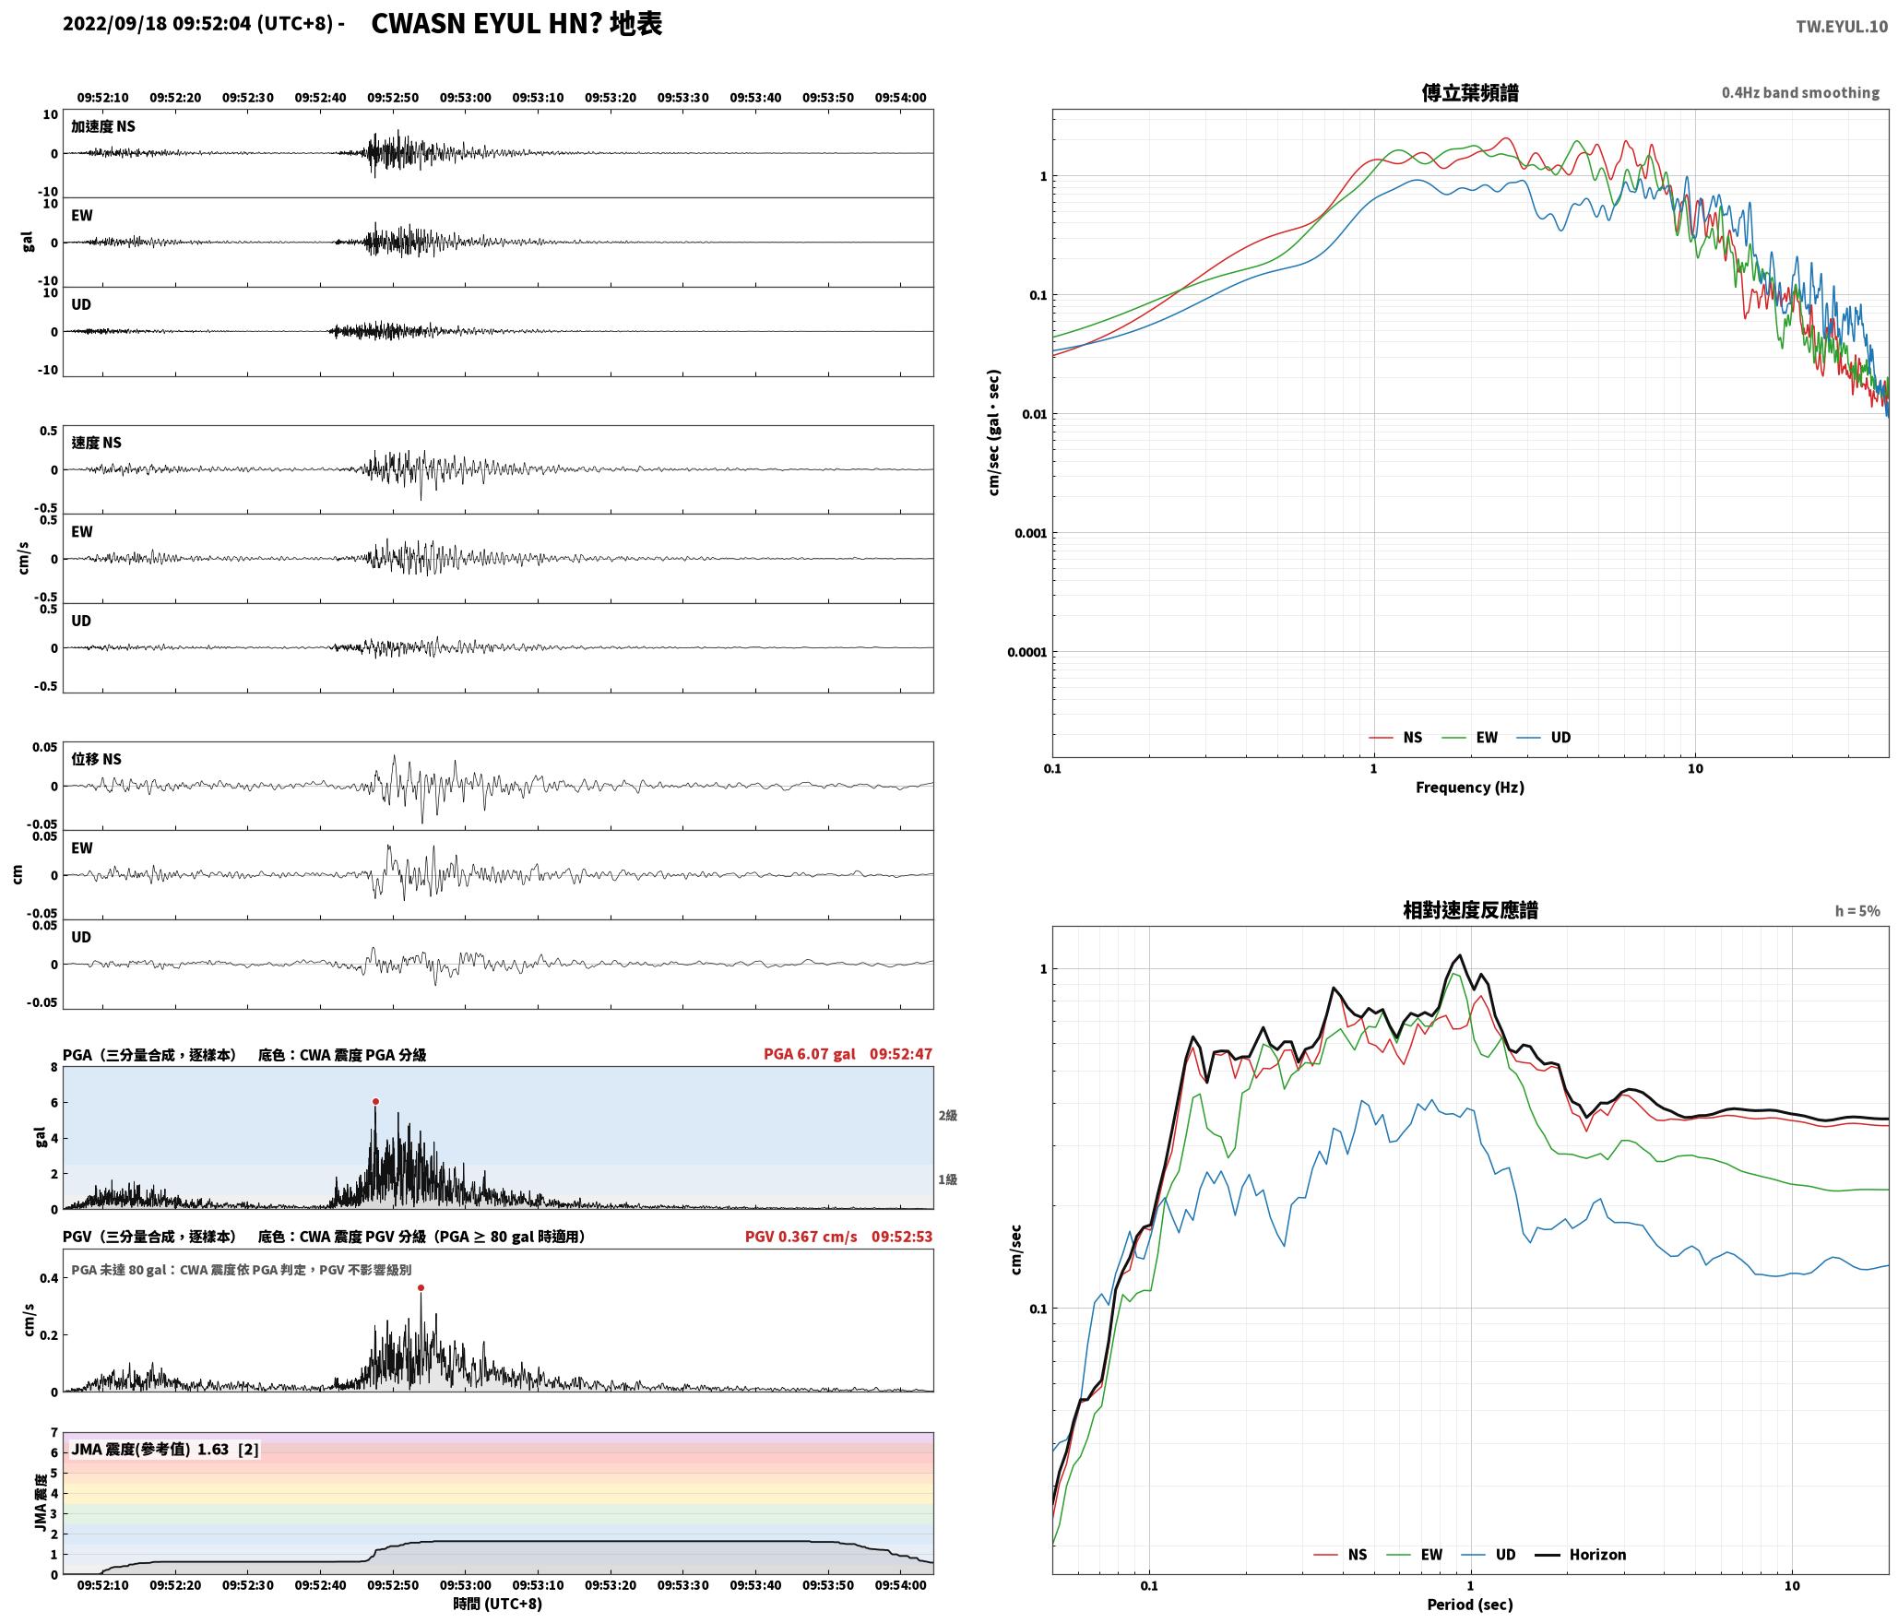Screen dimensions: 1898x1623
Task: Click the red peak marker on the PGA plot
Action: [375, 1101]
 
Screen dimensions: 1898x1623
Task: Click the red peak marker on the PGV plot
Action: [421, 1287]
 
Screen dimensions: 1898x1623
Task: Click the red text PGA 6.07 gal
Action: [809, 1054]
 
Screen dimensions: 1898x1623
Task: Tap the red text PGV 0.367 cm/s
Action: [801, 1237]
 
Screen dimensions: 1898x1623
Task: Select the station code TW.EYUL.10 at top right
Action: [1841, 27]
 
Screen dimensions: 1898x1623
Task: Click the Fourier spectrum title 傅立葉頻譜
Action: [1470, 92]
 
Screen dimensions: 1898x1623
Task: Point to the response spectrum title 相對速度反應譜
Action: [1470, 910]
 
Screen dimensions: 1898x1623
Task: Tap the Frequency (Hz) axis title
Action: [1470, 787]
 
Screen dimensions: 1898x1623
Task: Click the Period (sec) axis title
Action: [1470, 1604]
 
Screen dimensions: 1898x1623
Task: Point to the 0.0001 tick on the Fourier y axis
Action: [1027, 653]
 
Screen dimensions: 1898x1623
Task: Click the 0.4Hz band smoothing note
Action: [1800, 92]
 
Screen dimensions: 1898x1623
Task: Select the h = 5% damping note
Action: [1856, 911]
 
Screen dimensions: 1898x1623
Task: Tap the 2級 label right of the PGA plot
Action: [948, 1115]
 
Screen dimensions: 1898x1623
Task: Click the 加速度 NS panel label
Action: [103, 126]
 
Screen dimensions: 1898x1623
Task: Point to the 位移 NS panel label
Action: [96, 759]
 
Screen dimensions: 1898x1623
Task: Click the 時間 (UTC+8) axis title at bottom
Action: [497, 1604]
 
